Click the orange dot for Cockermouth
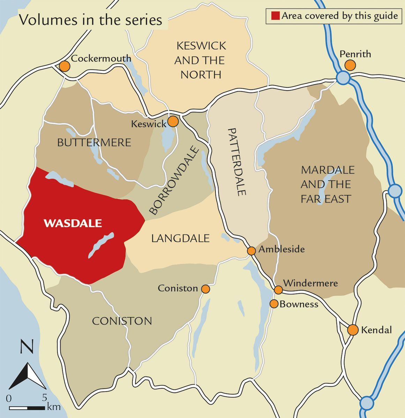point(64,66)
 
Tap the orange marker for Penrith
point(350,65)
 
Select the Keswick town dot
point(173,122)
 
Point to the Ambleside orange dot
point(251,250)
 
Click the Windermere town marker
point(278,290)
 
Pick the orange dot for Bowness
point(274,304)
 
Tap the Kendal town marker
point(353,330)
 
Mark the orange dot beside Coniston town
point(205,289)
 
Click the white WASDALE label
point(73,223)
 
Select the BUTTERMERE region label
point(94,142)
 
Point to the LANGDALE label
point(180,238)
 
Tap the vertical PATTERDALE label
point(237,162)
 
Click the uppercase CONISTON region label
point(122,321)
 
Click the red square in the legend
point(276,16)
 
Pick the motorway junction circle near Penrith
point(343,77)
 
